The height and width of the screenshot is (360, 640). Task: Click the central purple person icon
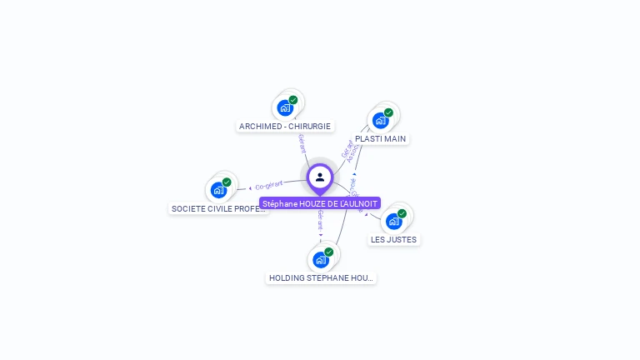[320, 177]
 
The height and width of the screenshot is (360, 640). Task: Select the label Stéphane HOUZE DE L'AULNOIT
[320, 203]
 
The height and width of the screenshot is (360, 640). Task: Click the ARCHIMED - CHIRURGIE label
[285, 127]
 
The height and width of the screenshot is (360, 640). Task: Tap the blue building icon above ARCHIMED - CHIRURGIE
[285, 108]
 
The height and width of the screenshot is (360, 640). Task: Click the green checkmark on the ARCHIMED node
[293, 100]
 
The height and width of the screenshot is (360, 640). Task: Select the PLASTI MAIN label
[381, 138]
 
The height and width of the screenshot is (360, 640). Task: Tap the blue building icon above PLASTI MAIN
[380, 121]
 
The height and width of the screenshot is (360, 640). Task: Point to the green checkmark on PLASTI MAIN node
[388, 112]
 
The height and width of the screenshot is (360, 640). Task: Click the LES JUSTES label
[394, 239]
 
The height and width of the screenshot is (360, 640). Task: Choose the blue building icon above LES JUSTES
[393, 222]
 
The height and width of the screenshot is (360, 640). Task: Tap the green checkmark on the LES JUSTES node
[402, 213]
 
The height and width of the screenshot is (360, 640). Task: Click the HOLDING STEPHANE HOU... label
[321, 277]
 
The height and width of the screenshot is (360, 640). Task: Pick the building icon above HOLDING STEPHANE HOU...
[320, 260]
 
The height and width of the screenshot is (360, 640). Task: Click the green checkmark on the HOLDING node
[328, 252]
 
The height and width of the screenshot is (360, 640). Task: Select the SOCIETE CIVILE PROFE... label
[218, 208]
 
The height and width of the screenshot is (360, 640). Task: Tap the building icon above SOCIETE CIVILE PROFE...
[218, 191]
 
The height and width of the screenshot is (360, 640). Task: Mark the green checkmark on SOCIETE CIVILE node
[227, 182]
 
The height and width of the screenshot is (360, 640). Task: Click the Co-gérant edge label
[269, 185]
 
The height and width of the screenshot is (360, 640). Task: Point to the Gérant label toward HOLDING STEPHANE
[320, 221]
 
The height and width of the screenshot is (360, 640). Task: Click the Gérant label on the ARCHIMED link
[302, 143]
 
